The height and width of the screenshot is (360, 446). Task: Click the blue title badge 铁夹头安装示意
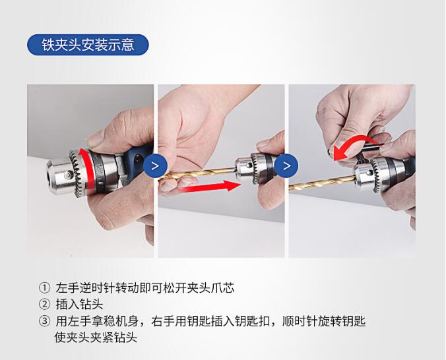[x=88, y=45]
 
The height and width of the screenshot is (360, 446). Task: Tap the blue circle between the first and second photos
[x=155, y=165]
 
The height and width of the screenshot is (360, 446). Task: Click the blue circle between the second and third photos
[x=286, y=165]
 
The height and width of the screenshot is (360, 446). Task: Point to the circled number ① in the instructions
[x=44, y=287]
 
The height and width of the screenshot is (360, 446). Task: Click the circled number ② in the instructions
[x=44, y=304]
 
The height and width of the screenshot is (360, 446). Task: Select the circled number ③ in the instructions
[x=44, y=321]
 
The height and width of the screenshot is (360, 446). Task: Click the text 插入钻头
[x=79, y=305]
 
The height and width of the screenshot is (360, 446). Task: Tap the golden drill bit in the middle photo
[x=197, y=174]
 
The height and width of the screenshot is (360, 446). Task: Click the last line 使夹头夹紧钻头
[x=96, y=338]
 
